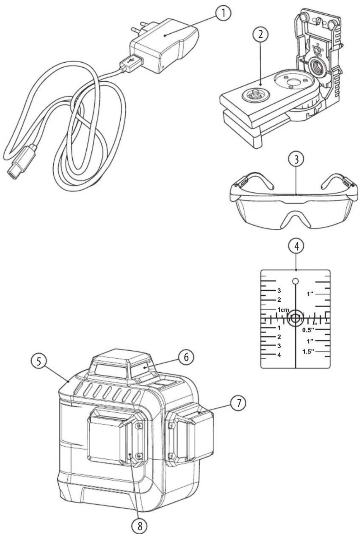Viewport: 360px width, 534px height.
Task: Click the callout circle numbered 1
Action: click(x=223, y=13)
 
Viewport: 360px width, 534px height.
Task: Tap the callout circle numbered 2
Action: click(x=260, y=35)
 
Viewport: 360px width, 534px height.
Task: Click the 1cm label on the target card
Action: click(x=283, y=310)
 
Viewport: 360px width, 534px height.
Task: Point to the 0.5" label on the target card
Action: click(x=308, y=330)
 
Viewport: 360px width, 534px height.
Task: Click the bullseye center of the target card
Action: click(x=296, y=318)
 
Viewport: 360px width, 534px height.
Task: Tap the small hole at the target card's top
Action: click(x=296, y=281)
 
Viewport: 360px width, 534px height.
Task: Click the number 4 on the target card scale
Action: click(x=279, y=355)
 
